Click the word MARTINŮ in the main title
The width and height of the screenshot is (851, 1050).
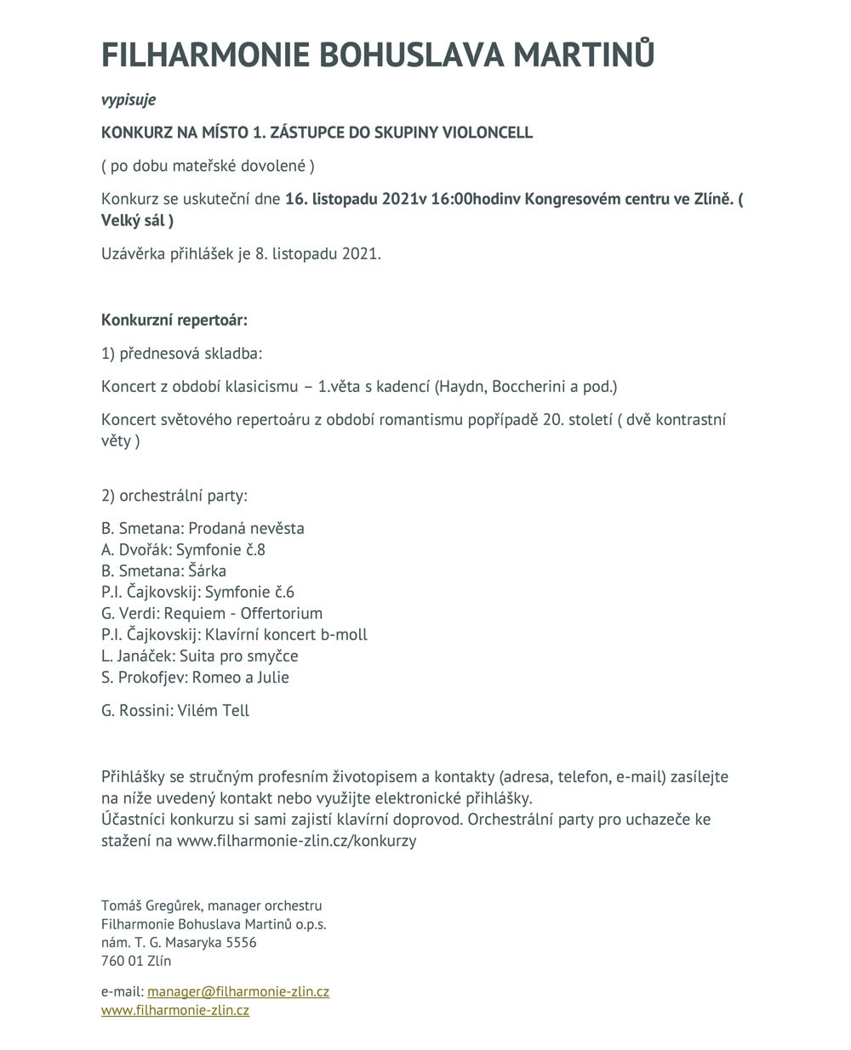584,54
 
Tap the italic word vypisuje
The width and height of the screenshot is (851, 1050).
129,100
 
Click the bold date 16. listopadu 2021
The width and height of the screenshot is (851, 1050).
351,200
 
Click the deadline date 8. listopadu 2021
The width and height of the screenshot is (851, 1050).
318,254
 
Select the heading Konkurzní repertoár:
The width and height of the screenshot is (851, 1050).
174,321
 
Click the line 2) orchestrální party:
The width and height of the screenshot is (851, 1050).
174,496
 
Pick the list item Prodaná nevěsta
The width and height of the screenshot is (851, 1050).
246,528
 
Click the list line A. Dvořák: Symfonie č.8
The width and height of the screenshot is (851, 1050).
183,549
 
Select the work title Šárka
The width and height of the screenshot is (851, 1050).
208,570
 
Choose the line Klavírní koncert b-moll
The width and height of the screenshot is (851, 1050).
287,634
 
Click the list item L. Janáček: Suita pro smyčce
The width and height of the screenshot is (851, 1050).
200,656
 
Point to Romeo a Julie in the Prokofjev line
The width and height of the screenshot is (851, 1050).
241,677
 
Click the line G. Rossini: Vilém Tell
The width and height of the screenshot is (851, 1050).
175,710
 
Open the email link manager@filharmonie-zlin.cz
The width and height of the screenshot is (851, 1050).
238,991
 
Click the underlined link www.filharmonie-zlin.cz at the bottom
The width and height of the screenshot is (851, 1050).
175,1010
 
